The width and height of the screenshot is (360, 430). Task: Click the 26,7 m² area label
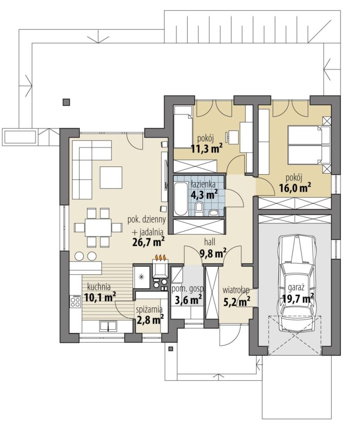tap(148, 241)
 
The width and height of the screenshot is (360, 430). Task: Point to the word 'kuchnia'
tap(99, 287)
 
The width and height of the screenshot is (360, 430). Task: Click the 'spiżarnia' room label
tap(149, 309)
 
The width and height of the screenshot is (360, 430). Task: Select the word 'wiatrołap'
tap(236, 290)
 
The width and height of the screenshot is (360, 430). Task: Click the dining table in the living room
tap(98, 228)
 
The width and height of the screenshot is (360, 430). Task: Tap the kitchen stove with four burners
tap(75, 301)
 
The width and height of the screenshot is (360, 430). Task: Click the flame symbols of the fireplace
tap(160, 257)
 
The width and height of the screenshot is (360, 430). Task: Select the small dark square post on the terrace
tap(66, 102)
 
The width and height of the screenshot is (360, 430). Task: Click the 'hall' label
tap(209, 242)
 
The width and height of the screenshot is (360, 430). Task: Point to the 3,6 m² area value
tap(189, 299)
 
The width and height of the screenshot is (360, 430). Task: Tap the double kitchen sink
tap(108, 326)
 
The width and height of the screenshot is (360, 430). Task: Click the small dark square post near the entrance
tap(171, 349)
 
